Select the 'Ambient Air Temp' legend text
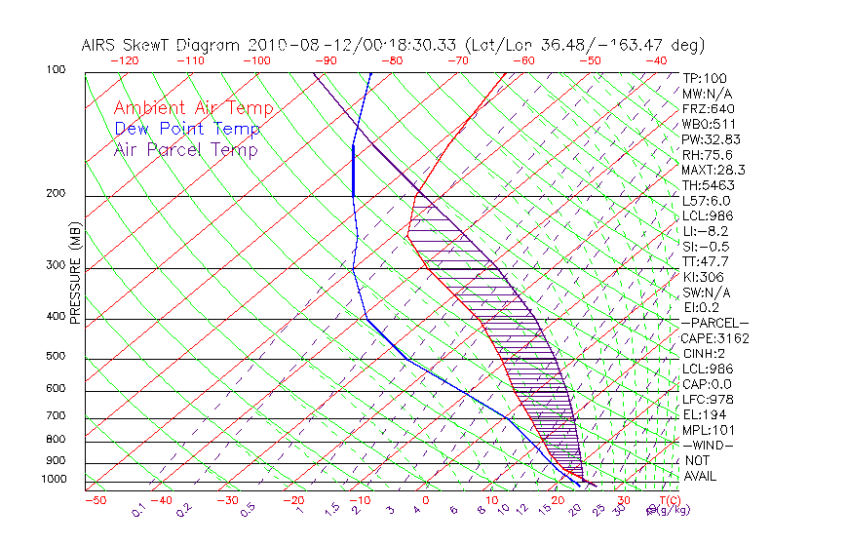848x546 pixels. coord(193,108)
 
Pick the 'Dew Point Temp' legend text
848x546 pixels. coord(187,129)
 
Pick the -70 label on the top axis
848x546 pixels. coord(457,60)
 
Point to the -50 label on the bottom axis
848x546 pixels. coord(95,500)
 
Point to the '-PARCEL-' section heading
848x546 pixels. coord(714,323)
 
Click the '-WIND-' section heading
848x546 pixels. coord(709,445)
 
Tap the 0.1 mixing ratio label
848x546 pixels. coord(138,510)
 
